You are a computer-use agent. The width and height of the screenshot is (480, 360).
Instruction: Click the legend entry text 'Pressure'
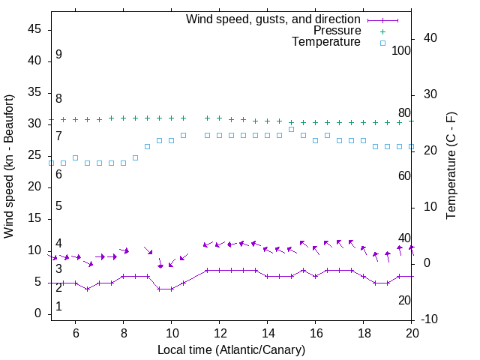click(337, 31)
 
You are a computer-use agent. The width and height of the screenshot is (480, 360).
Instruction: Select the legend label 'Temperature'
click(326, 42)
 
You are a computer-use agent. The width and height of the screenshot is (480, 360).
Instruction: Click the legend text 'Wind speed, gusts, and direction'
click(274, 19)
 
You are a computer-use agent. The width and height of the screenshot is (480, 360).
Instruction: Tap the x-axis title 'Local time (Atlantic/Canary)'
click(231, 349)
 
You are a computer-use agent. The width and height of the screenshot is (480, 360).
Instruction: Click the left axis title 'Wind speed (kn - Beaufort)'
click(9, 166)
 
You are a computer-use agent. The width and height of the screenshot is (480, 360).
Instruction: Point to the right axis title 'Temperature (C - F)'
click(451, 166)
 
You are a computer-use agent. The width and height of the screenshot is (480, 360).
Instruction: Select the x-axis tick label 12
click(219, 333)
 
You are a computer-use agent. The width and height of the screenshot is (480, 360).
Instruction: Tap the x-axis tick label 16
click(315, 333)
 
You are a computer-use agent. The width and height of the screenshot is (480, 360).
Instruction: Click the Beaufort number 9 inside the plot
click(58, 55)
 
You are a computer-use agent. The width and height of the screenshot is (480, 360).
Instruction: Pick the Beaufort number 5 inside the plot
click(58, 206)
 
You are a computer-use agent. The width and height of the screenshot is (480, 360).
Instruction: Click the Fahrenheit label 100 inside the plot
click(401, 50)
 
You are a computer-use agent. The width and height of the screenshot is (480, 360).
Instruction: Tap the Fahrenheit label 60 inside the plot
click(404, 175)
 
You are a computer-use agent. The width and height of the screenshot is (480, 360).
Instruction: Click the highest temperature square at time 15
click(291, 129)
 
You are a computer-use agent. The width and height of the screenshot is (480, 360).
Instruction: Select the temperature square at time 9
click(147, 146)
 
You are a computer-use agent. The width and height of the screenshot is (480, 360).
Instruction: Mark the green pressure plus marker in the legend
click(382, 31)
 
